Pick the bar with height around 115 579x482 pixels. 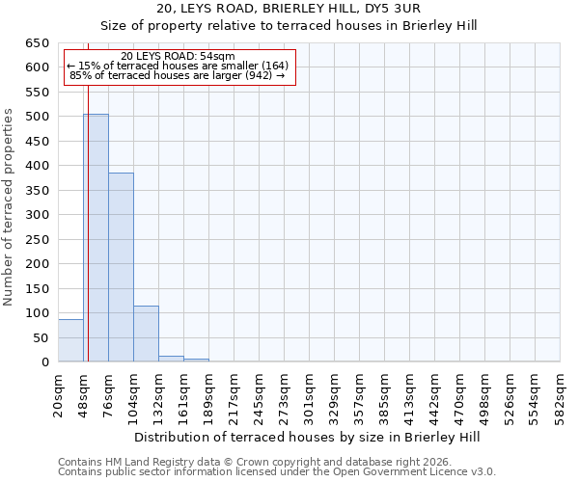pos(146,334)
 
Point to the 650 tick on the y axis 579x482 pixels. pos(37,43)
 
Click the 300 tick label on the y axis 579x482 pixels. pos(37,215)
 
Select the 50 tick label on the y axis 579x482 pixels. pos(41,337)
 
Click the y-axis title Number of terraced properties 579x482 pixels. pos(10,207)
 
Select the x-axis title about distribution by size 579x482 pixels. pos(307,437)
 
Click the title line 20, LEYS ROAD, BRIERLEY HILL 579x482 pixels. pos(289,9)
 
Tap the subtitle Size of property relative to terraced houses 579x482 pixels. pos(289,24)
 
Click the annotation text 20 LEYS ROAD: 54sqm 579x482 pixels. pos(178,57)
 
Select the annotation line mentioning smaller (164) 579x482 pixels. pos(178,66)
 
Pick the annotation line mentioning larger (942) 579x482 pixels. pos(178,75)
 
